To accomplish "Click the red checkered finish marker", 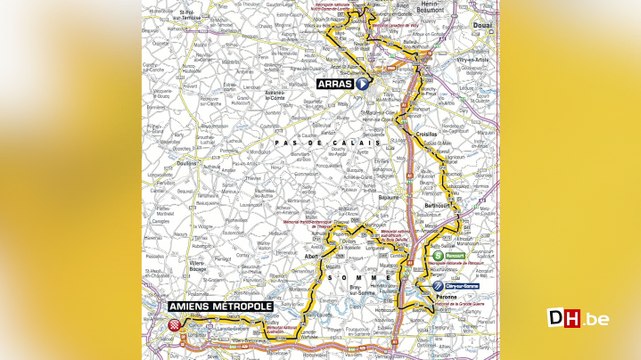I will point(178,325).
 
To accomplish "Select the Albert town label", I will point(311,255).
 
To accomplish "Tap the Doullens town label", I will point(184,164).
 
